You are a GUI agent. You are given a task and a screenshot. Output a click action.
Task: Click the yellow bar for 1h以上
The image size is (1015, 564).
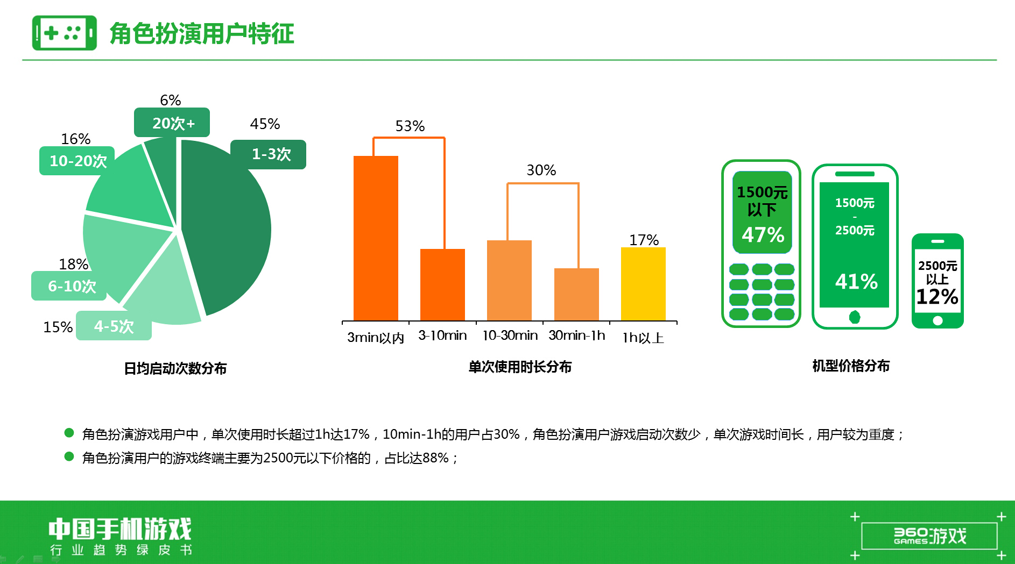point(643,284)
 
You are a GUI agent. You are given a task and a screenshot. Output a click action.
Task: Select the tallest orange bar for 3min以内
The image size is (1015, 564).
point(376,238)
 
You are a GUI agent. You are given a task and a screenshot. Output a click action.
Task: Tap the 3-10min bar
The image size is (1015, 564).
point(442,285)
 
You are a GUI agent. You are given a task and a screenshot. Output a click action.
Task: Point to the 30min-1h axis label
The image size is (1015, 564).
point(577,335)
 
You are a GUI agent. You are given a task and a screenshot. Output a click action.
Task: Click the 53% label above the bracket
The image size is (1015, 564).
point(410,126)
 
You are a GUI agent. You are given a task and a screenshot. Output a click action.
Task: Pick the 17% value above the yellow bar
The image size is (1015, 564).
point(644,240)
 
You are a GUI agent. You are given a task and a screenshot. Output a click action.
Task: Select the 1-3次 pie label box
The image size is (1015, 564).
point(268,154)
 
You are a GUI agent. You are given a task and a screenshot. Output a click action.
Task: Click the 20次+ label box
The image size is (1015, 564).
point(172,123)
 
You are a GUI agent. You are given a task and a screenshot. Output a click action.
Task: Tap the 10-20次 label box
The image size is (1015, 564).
point(77,161)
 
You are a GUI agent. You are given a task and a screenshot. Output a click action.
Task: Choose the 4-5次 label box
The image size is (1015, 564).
point(114,326)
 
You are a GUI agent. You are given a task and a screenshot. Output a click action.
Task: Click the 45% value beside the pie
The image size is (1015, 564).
point(265,124)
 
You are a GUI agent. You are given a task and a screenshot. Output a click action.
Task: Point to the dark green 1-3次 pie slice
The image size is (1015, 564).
point(229,226)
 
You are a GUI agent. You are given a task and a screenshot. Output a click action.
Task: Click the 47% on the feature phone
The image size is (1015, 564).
point(763,235)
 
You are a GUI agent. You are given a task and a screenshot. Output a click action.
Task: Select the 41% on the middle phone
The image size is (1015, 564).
point(856,281)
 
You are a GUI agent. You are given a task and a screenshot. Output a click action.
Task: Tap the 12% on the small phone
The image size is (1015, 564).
point(937,297)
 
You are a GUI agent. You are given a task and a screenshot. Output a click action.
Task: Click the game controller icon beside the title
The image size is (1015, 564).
point(65,33)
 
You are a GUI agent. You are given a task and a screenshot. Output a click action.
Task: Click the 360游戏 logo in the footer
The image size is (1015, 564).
point(929,536)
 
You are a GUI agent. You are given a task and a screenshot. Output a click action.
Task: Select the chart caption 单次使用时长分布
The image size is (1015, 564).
point(520,367)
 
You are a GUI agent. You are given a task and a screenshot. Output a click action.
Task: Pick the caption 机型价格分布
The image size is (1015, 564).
point(851,366)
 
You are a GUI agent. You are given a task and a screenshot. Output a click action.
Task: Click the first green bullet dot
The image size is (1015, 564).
point(69,432)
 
